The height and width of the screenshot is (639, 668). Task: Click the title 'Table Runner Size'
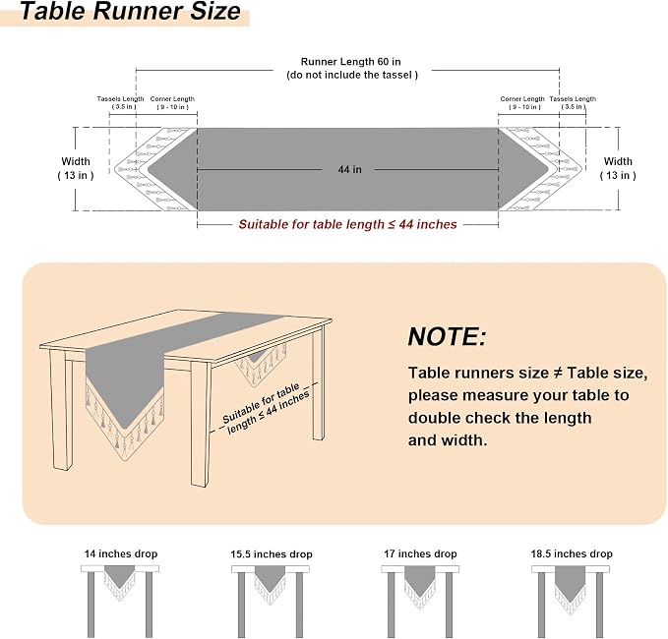(x=131, y=11)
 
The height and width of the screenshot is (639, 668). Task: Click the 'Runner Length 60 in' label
(x=350, y=62)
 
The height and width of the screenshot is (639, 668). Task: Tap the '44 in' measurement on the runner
(x=350, y=169)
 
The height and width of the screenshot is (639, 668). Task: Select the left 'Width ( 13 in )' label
(x=76, y=168)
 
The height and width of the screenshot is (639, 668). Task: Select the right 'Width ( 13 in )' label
(x=618, y=168)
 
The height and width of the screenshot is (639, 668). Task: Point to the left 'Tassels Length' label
(x=121, y=98)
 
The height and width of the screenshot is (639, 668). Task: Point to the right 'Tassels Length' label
(x=573, y=98)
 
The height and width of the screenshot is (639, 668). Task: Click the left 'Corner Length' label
(x=172, y=98)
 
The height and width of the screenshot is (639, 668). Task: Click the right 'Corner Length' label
(x=522, y=98)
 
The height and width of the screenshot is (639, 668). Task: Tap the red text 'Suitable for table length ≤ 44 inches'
(x=347, y=224)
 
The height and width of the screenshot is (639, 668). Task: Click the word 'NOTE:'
(x=447, y=337)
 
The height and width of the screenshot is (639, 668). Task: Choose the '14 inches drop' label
(x=121, y=553)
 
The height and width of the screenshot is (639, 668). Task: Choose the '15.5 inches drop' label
(x=272, y=554)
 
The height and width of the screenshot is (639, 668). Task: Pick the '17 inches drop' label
(x=420, y=553)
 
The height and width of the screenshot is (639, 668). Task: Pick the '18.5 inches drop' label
(x=572, y=553)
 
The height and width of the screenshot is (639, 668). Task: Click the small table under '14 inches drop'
(x=120, y=601)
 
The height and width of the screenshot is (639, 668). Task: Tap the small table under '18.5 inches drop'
(x=571, y=601)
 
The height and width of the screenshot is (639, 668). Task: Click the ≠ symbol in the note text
(x=558, y=373)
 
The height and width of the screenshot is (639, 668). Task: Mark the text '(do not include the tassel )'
(x=352, y=75)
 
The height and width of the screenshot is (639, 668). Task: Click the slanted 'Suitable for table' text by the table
(x=261, y=403)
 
